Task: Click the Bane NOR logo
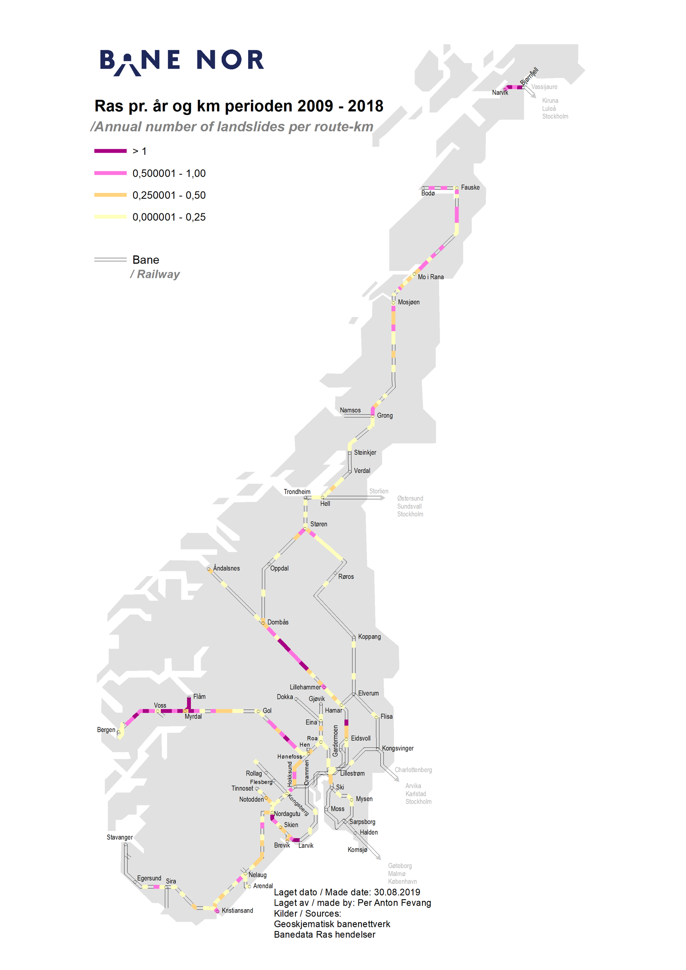tap(181, 61)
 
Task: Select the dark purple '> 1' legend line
tap(110, 151)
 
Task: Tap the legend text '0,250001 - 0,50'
tap(169, 195)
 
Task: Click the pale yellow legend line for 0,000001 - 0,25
tap(110, 217)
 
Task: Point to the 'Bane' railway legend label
tap(145, 260)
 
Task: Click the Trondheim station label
tap(297, 492)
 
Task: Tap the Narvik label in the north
tap(499, 93)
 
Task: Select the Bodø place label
tap(427, 193)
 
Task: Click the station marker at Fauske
tap(457, 188)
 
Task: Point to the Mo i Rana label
tap(430, 277)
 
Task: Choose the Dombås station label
tap(278, 622)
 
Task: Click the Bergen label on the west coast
tap(106, 730)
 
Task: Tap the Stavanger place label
tap(120, 837)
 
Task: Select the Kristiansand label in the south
tap(237, 910)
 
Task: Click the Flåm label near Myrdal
tap(199, 697)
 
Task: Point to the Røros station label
tap(346, 577)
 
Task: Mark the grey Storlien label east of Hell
tap(379, 491)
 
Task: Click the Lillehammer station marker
tap(324, 687)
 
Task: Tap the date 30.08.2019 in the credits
tap(397, 892)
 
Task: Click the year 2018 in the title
tap(365, 106)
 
